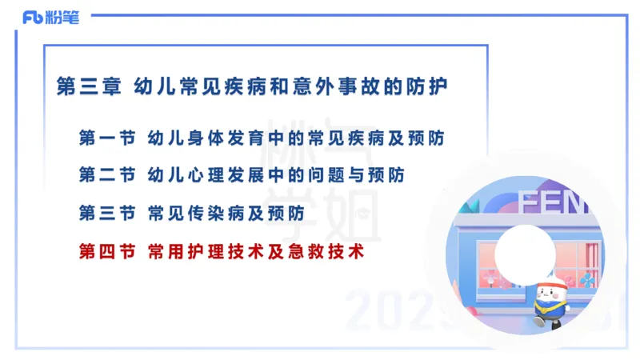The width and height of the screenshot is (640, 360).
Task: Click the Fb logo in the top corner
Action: point(33,18)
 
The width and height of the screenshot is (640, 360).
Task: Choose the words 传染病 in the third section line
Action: point(209,214)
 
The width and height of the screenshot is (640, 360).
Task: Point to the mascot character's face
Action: point(547,292)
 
